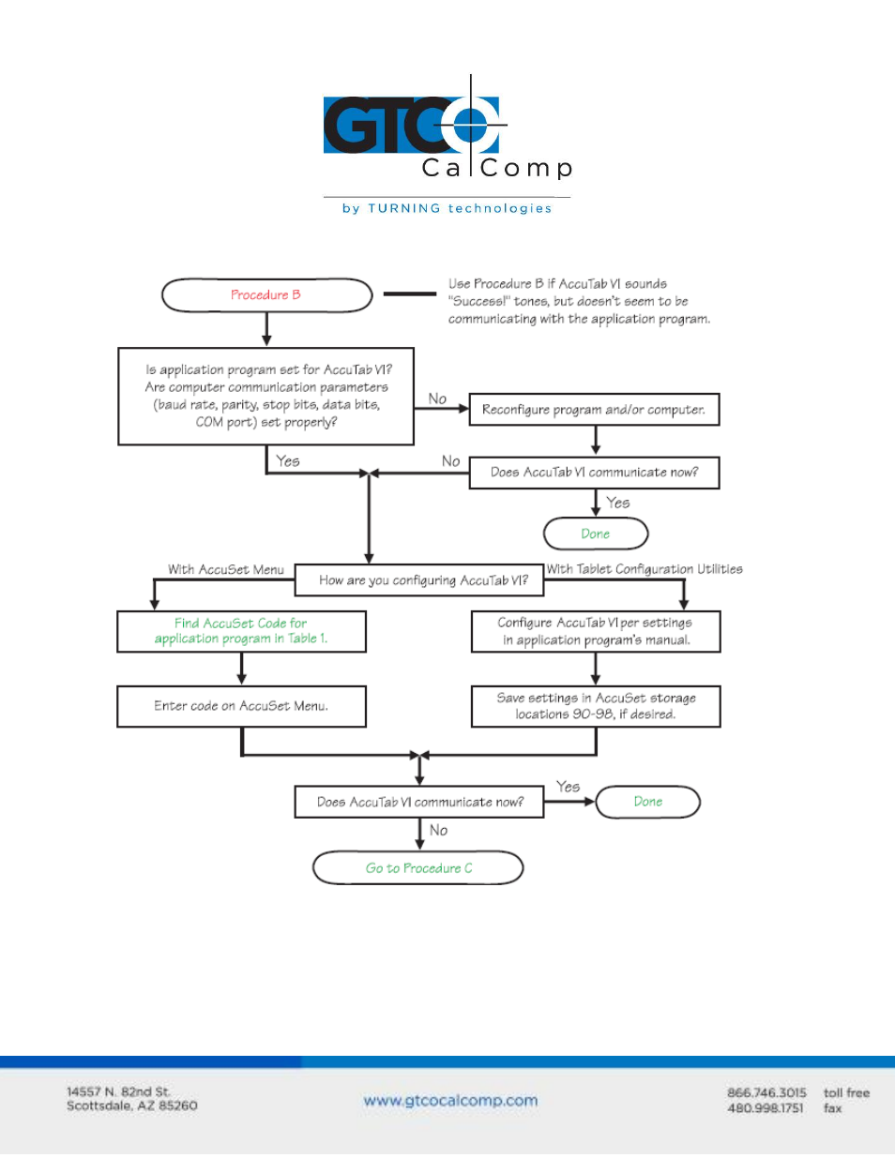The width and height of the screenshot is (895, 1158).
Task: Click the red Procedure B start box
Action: coord(266,294)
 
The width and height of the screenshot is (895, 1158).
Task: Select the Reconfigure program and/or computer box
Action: coord(594,409)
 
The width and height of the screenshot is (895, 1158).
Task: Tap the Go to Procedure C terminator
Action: coord(417,867)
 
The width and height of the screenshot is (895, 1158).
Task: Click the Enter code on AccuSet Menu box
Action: coord(241,706)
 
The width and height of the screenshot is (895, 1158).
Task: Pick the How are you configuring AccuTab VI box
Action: coord(419,579)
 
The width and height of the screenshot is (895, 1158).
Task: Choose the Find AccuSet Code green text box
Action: coord(241,631)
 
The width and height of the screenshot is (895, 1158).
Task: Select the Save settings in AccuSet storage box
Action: coord(596,706)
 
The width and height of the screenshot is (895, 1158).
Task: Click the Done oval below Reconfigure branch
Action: coord(596,534)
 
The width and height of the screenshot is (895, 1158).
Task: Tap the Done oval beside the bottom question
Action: coord(647,802)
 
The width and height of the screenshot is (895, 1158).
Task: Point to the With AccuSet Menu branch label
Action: coord(226,569)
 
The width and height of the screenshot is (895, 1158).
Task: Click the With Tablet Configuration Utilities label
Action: coord(645,569)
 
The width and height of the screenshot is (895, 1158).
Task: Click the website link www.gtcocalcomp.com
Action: coord(450,1101)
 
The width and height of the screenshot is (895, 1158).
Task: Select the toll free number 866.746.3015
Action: coord(766,1093)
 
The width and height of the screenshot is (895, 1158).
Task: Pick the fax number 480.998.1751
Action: coord(766,1108)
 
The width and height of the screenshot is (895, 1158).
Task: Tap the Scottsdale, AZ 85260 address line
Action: coord(132,1105)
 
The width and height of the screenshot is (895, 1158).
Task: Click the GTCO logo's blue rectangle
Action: coord(411,125)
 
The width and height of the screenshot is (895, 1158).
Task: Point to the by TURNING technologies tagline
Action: coord(447,208)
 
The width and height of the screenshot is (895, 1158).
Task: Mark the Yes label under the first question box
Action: coord(287,461)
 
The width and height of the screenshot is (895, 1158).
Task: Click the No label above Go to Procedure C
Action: coord(438,830)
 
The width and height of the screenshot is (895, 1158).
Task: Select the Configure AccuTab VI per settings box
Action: coord(596,631)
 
